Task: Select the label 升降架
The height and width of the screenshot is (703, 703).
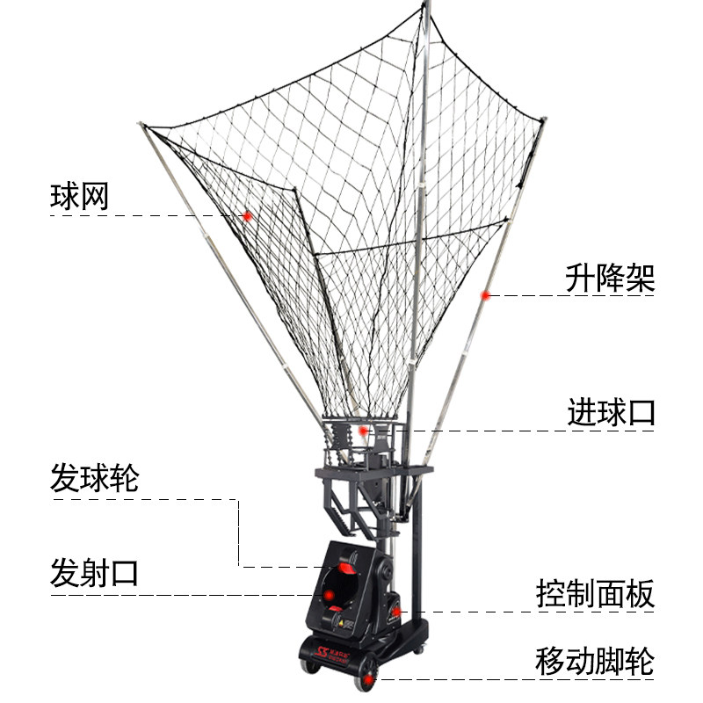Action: pyautogui.click(x=610, y=279)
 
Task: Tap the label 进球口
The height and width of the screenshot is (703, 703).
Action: pyautogui.click(x=611, y=412)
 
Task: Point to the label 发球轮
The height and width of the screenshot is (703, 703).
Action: pyautogui.click(x=94, y=480)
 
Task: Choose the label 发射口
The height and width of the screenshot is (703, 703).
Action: pyautogui.click(x=94, y=575)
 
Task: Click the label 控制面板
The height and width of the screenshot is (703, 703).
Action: pyautogui.click(x=595, y=595)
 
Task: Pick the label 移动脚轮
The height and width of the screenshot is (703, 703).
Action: pyautogui.click(x=595, y=662)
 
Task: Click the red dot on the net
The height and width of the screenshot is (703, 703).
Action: pyautogui.click(x=248, y=215)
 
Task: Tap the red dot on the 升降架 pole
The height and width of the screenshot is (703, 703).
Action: pyautogui.click(x=484, y=295)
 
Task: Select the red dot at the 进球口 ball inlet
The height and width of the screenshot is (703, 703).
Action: pyautogui.click(x=362, y=431)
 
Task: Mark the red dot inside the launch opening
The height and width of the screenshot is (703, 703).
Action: pyautogui.click(x=328, y=596)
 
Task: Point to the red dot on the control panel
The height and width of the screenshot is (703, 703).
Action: pyautogui.click(x=396, y=610)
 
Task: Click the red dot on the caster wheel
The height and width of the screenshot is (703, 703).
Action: pyautogui.click(x=369, y=678)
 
